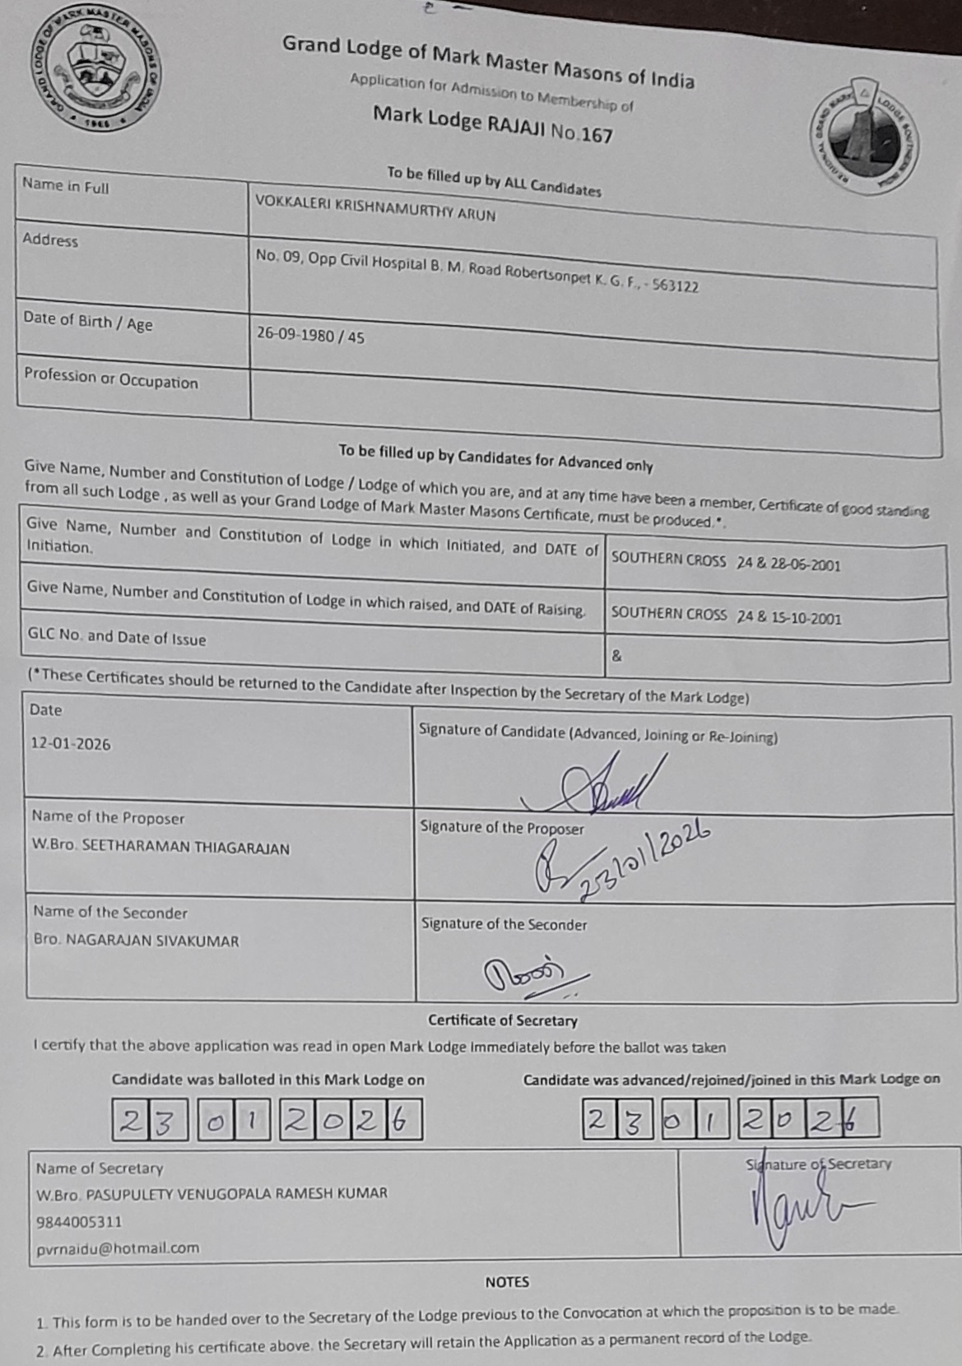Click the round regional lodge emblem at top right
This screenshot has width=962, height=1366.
[863, 137]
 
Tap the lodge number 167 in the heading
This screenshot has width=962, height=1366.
[597, 135]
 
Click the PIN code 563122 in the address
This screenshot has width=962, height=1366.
[675, 285]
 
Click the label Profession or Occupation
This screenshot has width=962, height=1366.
[111, 379]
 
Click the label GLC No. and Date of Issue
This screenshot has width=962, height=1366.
[117, 638]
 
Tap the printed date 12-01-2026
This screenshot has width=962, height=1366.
[71, 744]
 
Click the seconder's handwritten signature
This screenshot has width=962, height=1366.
[527, 974]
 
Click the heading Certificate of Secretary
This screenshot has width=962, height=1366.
[503, 1020]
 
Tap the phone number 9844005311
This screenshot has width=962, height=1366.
[79, 1222]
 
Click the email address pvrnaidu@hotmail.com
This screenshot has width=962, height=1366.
[118, 1248]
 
